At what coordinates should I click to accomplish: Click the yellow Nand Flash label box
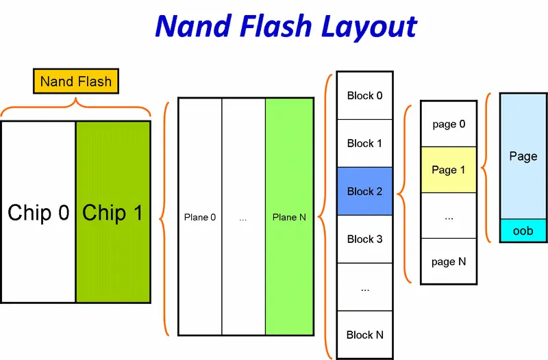(x=76, y=81)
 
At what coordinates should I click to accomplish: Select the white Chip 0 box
(x=38, y=212)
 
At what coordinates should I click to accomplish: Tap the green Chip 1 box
(x=113, y=212)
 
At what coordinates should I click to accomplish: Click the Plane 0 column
(x=200, y=217)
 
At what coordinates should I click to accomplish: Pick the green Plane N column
(x=289, y=217)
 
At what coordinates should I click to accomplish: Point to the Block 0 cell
(x=364, y=95)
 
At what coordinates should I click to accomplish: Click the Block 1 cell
(x=364, y=143)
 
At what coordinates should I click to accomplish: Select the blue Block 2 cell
(x=364, y=191)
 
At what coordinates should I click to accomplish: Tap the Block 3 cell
(x=364, y=239)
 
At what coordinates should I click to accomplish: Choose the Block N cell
(x=364, y=335)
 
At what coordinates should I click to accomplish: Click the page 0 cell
(x=449, y=124)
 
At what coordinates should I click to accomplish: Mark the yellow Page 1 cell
(x=449, y=170)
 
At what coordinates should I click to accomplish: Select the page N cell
(x=449, y=261)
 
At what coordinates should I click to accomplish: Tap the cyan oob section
(x=523, y=231)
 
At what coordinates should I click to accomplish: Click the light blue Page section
(x=523, y=156)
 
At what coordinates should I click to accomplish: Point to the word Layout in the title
(x=369, y=27)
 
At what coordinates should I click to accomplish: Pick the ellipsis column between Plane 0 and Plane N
(x=244, y=217)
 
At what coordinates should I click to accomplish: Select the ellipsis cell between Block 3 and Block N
(x=364, y=287)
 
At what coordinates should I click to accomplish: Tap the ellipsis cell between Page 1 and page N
(x=449, y=216)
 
